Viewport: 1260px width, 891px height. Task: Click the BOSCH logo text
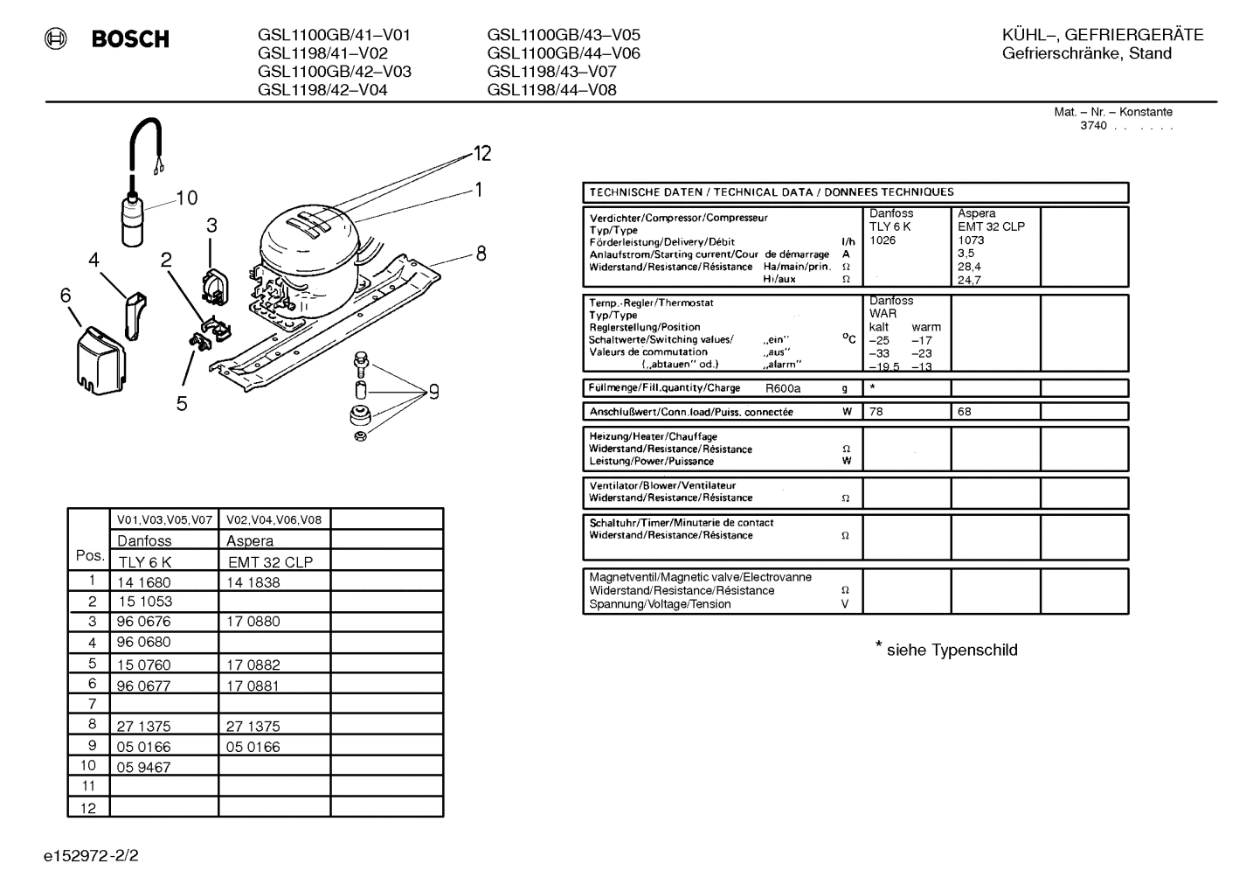(130, 39)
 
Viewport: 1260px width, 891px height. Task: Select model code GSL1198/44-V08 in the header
(551, 89)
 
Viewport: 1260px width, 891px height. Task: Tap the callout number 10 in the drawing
(186, 198)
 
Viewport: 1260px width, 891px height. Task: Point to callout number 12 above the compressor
(482, 154)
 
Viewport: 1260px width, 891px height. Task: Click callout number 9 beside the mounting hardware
(433, 392)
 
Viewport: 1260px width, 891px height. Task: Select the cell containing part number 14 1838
(253, 582)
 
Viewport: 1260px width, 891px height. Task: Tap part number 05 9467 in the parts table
(143, 768)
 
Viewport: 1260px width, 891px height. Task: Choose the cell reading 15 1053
(144, 602)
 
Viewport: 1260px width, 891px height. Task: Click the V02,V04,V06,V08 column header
(273, 519)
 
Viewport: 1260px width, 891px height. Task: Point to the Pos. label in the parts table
(90, 555)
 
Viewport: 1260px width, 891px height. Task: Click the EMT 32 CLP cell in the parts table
(270, 562)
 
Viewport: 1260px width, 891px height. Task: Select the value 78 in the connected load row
(876, 412)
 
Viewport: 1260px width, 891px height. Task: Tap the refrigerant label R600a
(783, 388)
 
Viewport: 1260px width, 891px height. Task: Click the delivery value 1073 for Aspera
(971, 240)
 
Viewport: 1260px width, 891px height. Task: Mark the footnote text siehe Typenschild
(952, 651)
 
